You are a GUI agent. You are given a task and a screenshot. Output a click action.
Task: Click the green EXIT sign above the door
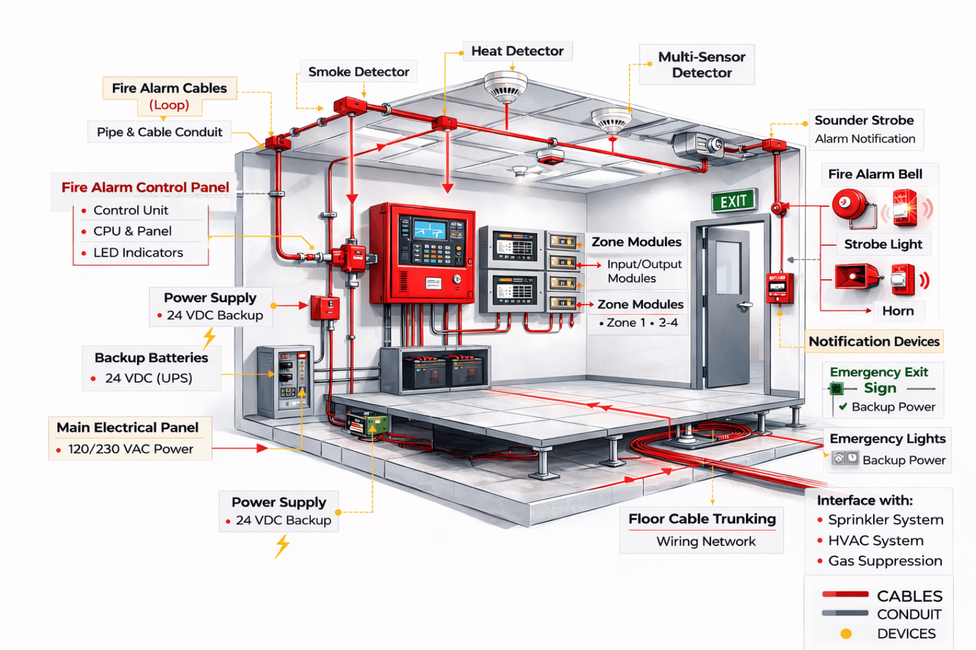(x=733, y=201)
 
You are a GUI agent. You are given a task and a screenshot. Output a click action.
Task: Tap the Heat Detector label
(x=517, y=51)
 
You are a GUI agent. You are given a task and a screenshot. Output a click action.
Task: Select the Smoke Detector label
(x=358, y=72)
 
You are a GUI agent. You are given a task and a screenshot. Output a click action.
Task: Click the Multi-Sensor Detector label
(x=701, y=65)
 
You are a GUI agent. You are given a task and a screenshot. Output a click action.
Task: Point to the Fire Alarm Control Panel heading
(x=145, y=188)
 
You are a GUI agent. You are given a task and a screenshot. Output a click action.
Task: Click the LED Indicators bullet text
(x=138, y=253)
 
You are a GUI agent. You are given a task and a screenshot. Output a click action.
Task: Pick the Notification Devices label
(x=874, y=342)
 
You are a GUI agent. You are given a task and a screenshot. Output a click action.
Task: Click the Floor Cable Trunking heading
(x=702, y=519)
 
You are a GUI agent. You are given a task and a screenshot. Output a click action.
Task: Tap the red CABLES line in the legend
(x=845, y=595)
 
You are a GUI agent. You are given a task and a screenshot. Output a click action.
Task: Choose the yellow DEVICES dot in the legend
(x=846, y=634)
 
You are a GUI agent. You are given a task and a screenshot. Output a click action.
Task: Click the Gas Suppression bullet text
(x=885, y=561)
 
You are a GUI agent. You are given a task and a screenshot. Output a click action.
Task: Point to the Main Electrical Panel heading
(x=128, y=428)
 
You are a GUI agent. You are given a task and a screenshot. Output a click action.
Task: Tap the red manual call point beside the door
(x=779, y=288)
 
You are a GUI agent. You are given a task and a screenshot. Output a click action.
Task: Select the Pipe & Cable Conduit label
(x=160, y=132)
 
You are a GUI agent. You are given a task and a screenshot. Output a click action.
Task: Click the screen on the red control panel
(x=430, y=229)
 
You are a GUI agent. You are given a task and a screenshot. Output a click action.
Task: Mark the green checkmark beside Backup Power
(x=843, y=407)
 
